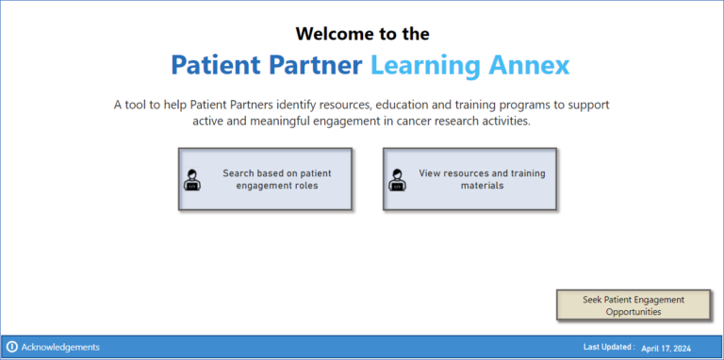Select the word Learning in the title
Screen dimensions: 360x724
[x=424, y=65]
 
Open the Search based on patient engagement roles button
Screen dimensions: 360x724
[x=265, y=179]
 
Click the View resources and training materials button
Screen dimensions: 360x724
[x=470, y=179]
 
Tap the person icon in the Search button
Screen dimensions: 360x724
[x=192, y=180]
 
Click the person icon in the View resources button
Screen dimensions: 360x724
[x=397, y=180]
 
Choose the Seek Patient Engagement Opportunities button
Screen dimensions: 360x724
[x=633, y=305]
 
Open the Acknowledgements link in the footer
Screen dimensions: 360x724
[x=60, y=347]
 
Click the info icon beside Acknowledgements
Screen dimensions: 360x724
[x=12, y=347]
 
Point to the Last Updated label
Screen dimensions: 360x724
[x=609, y=347]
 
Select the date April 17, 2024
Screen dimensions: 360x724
[x=666, y=348]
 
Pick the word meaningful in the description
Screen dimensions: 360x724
[x=291, y=121]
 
